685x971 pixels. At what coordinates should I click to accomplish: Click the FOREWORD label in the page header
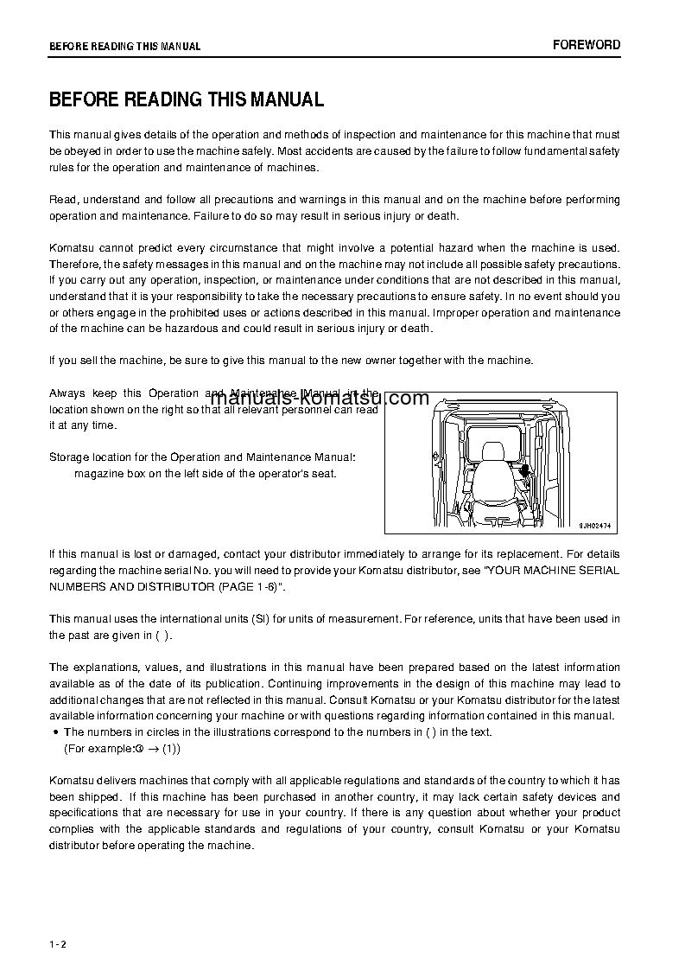[587, 45]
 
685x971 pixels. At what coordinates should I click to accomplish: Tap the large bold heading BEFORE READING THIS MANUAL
[187, 100]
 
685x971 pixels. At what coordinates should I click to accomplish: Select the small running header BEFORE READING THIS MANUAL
[124, 47]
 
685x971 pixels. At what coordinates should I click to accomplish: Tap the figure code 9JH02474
[594, 524]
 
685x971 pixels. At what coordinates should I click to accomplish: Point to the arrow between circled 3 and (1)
[152, 749]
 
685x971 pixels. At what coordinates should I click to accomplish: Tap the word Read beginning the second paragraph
[63, 200]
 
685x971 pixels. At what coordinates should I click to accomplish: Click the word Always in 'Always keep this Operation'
[67, 393]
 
